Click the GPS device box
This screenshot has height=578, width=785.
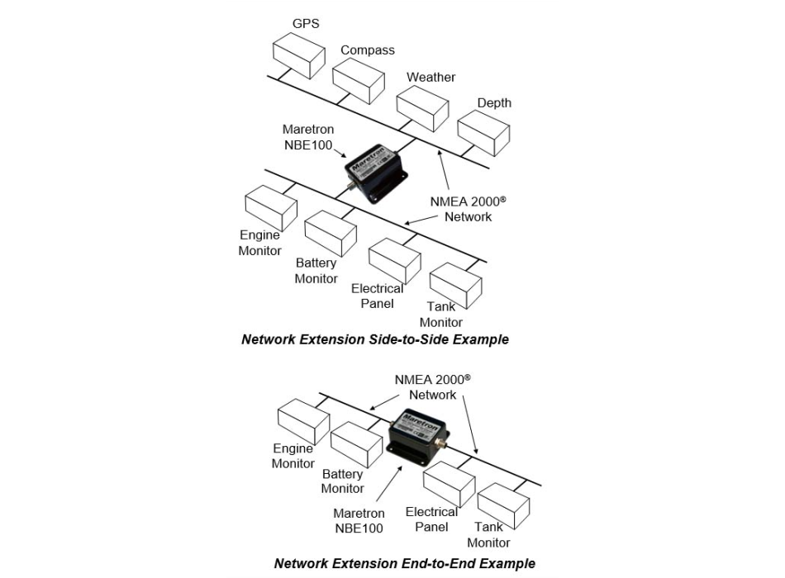click(299, 56)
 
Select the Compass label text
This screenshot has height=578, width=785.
click(368, 50)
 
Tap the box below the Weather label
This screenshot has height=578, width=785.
click(422, 109)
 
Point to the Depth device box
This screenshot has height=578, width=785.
click(483, 133)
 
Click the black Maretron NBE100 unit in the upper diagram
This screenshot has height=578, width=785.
click(376, 173)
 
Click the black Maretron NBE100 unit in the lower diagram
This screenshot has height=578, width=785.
click(419, 434)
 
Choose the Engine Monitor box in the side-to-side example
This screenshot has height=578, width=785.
click(271, 208)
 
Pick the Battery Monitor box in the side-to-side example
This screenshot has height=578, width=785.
click(331, 234)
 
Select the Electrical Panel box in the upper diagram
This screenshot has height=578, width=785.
click(394, 261)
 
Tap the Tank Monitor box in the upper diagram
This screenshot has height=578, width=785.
click(455, 286)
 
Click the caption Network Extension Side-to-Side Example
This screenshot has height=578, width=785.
click(375, 339)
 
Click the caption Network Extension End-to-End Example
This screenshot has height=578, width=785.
click(405, 563)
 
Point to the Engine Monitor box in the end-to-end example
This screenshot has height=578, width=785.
click(303, 422)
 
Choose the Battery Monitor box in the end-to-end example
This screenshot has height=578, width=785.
click(357, 445)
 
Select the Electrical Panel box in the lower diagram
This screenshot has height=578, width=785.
click(449, 485)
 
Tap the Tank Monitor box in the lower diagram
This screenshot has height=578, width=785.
click(503, 506)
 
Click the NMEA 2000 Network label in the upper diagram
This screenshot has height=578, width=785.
click(468, 209)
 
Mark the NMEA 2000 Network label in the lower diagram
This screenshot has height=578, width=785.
click(432, 386)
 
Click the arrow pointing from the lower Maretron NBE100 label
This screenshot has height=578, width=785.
click(389, 484)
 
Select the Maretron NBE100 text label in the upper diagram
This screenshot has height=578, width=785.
click(308, 137)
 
